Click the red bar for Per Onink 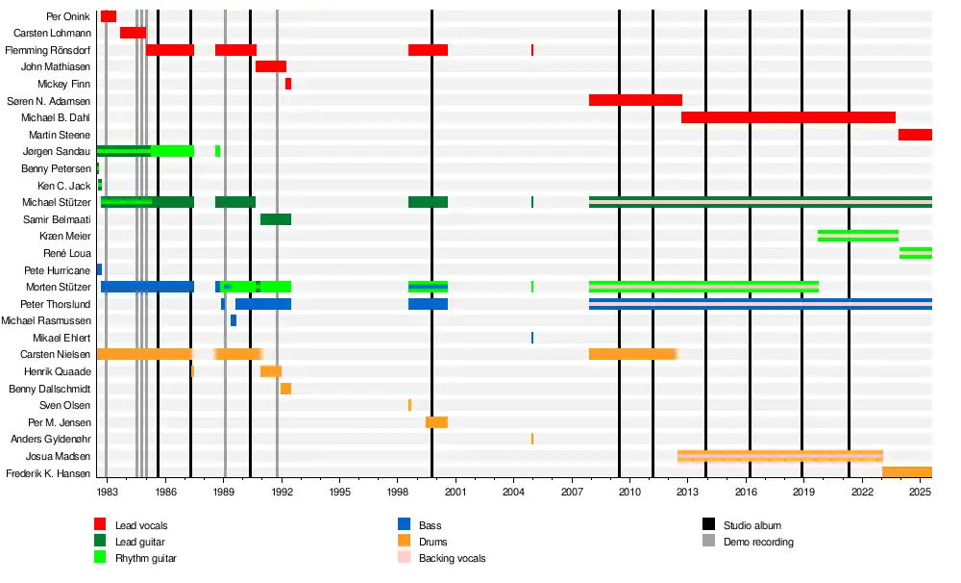(x=109, y=16)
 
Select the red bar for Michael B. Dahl (x=788, y=117)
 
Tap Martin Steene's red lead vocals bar (x=915, y=135)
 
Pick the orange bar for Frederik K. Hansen (x=906, y=472)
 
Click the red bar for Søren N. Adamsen (x=635, y=100)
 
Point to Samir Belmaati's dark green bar (x=276, y=219)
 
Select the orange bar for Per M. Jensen (x=436, y=422)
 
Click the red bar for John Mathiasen (x=271, y=66)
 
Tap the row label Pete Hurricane (x=57, y=270)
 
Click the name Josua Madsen (x=59, y=456)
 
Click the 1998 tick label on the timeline (x=398, y=492)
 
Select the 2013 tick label (x=688, y=492)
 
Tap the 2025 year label (x=921, y=492)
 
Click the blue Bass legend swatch (x=405, y=525)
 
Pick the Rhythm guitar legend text (x=146, y=558)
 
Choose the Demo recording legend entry (x=758, y=542)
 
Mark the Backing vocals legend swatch (x=405, y=558)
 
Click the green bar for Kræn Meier (x=858, y=236)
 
